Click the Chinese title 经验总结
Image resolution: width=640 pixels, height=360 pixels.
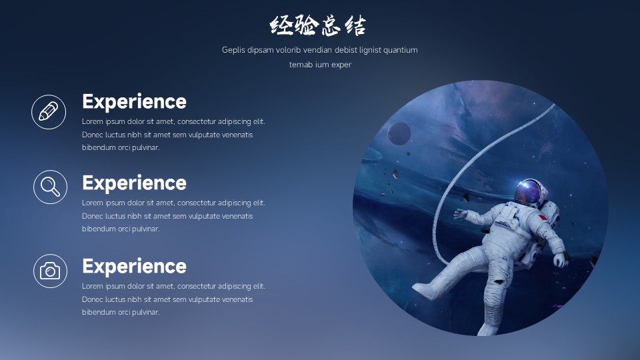(x=317, y=25)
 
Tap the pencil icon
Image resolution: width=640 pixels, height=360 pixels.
(x=49, y=112)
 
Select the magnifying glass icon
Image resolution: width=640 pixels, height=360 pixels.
(x=50, y=187)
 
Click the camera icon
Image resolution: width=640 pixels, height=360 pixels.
(x=50, y=271)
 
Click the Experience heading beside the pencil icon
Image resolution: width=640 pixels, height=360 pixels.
(x=134, y=101)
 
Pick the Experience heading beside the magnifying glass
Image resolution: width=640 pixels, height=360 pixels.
(x=134, y=183)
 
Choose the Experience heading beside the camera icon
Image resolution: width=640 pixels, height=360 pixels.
(x=134, y=266)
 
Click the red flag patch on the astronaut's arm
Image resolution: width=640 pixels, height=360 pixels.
(x=543, y=217)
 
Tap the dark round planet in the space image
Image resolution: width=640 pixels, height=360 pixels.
(x=399, y=133)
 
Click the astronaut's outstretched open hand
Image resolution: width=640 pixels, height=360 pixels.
(x=461, y=213)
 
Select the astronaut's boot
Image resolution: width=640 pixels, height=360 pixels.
(x=425, y=291)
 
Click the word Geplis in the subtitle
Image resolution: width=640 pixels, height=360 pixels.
(x=233, y=50)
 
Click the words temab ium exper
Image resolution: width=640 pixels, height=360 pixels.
(x=320, y=65)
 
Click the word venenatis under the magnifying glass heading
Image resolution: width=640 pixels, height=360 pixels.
(x=237, y=216)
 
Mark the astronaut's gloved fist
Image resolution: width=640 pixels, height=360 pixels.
(x=561, y=260)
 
